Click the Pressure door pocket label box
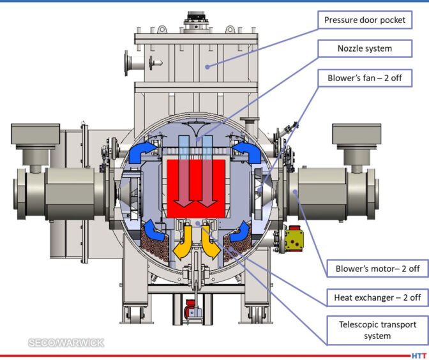pos(365,20)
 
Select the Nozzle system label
pos(365,49)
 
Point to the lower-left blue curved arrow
pos(153,230)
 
